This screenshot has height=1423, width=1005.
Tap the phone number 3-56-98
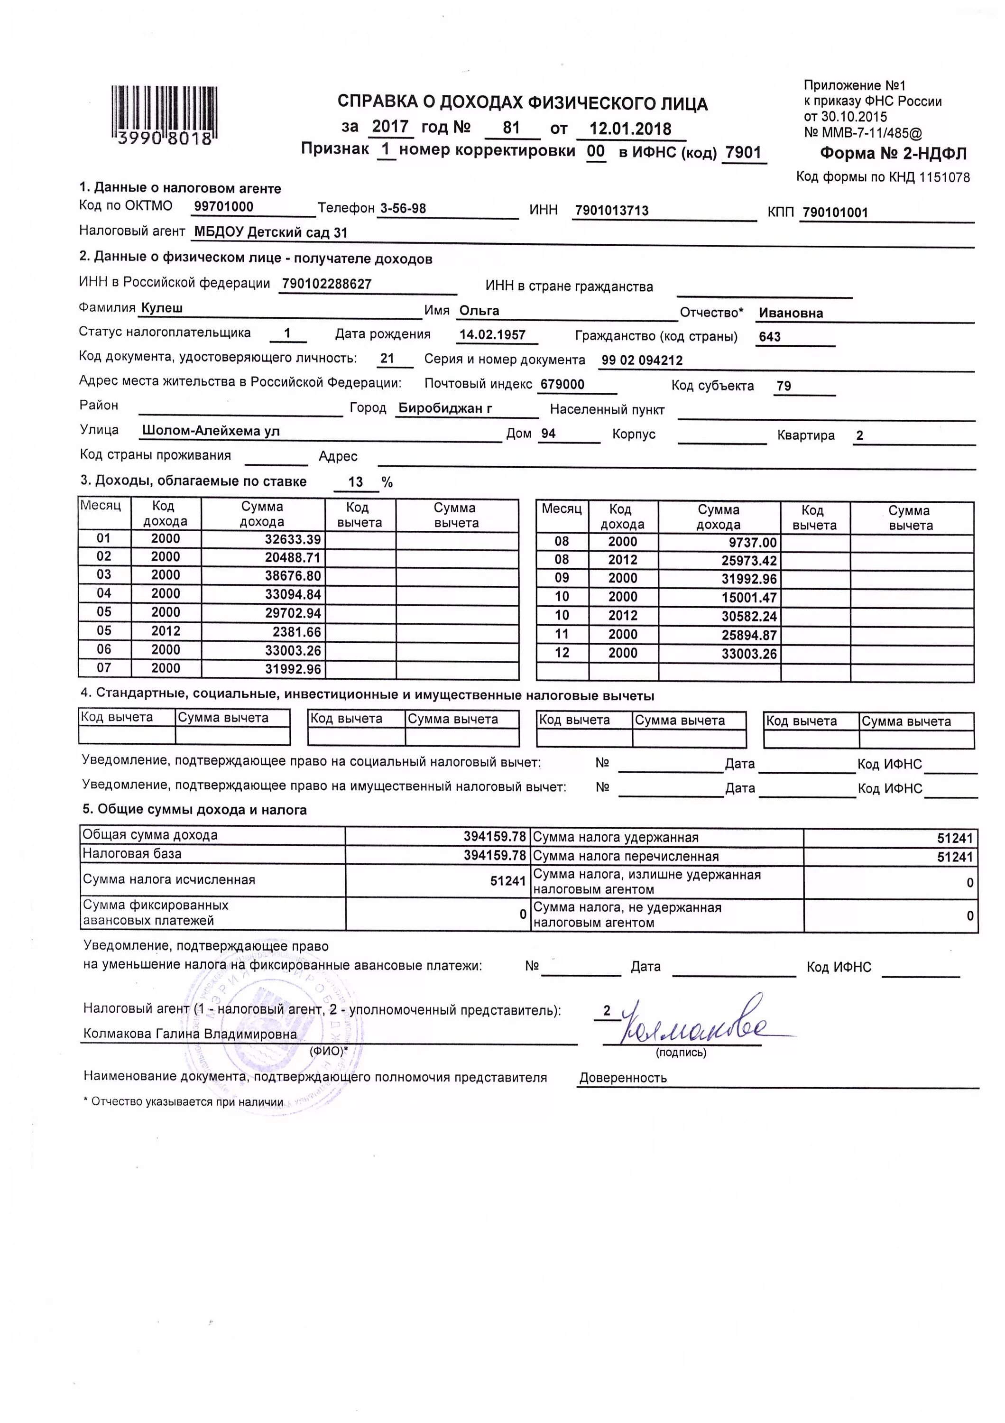[x=403, y=208]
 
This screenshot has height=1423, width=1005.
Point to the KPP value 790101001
[x=835, y=213]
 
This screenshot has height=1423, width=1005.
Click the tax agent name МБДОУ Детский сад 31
[x=271, y=233]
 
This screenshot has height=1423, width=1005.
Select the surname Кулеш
[x=162, y=308]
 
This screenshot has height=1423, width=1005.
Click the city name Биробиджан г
[x=445, y=408]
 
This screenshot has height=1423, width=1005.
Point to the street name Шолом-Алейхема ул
[x=211, y=431]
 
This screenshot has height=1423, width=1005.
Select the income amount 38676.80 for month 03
[x=293, y=576]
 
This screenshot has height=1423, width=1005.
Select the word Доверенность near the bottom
[x=623, y=1078]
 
